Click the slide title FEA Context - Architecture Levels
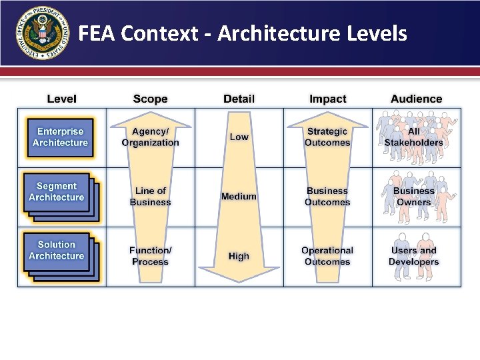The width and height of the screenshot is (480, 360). pos(243,33)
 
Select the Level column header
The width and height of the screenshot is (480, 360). pos(61,99)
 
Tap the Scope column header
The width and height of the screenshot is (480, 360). pos(150,99)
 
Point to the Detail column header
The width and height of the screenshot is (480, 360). pos(239,99)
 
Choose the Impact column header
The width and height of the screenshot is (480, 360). pos(327,99)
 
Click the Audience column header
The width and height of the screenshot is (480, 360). pos(416,99)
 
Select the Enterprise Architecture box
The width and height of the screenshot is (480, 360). pos(60,137)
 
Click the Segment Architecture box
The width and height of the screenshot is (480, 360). pos(57,192)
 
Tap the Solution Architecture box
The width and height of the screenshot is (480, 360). pos(57,251)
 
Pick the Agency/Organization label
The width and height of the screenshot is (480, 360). pos(150,137)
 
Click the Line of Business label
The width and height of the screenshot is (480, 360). pos(150,197)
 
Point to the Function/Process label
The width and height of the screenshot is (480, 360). pos(150,256)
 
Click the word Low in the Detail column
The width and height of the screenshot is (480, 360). pos(239,137)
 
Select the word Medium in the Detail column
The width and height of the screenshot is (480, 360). pos(239,197)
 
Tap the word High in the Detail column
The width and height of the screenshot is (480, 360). pos(239,256)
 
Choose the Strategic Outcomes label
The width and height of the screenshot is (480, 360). pos(327,137)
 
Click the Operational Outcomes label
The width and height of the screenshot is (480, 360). pos(327,256)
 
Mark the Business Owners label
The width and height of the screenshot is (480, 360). pos(414,196)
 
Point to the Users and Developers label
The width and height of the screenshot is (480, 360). pos(414,256)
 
